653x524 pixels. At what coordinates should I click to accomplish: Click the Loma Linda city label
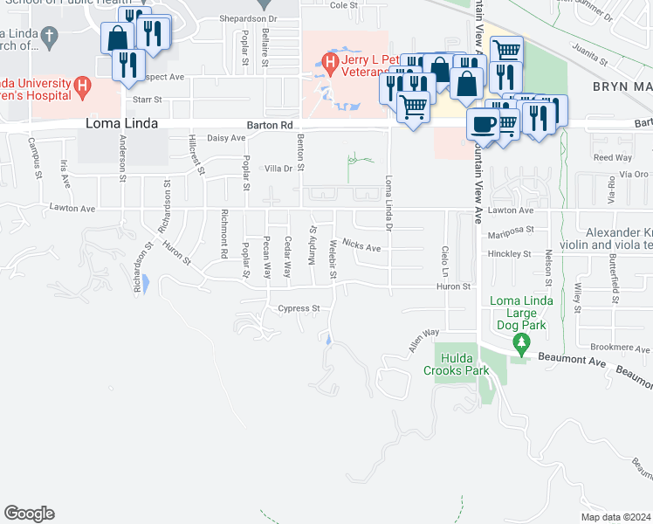121,124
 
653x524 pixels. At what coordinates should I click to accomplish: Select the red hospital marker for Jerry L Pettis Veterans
330,62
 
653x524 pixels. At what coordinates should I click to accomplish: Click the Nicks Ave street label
361,247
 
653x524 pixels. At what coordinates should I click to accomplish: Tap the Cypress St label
299,308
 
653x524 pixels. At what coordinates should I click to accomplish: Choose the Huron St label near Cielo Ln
453,286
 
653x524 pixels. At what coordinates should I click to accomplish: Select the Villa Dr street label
278,168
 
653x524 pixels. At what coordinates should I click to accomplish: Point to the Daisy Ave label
226,138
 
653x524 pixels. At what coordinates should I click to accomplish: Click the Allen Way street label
423,340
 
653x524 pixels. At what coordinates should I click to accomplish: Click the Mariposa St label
511,231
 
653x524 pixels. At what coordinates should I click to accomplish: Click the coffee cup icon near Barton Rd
481,124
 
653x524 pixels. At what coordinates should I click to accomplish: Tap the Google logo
29,514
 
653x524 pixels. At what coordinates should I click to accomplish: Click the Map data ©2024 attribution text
615,517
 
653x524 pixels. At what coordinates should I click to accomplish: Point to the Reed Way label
612,158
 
